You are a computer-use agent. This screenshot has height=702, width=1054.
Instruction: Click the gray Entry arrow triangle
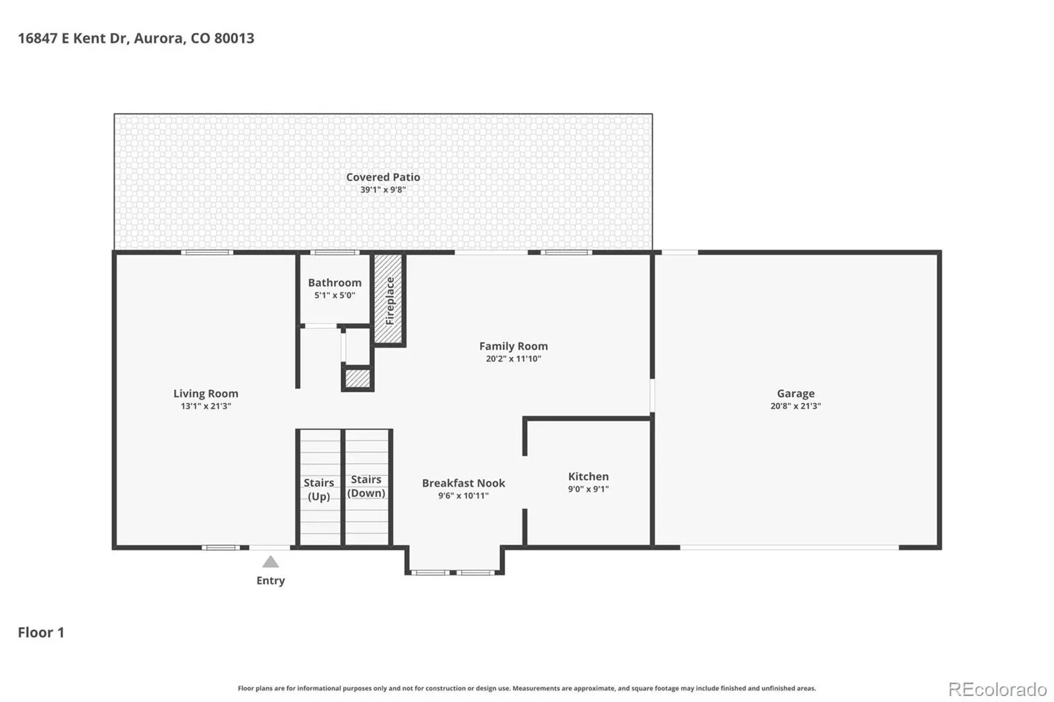pos(270,562)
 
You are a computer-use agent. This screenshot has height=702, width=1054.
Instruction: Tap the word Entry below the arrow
pos(271,581)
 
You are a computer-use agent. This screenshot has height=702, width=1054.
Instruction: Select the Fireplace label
pos(389,301)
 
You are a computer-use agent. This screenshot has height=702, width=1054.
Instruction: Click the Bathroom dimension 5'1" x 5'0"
pos(335,296)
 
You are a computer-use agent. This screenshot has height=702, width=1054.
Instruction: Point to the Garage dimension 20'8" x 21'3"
pos(796,406)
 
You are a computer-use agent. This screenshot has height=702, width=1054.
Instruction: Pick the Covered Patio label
pos(383,177)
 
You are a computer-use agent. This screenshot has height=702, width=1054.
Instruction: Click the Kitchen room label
pos(588,476)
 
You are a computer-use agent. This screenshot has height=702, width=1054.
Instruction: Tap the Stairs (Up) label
pos(319,489)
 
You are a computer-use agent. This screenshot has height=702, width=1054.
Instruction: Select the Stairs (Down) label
pos(366,486)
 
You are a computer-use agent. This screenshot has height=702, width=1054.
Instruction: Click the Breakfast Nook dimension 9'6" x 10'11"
pos(464,495)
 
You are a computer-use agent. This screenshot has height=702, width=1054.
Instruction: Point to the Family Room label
pos(513,346)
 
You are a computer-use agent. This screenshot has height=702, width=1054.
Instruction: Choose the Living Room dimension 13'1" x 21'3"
pos(206,406)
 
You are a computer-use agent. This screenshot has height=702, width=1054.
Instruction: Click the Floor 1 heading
pos(41,632)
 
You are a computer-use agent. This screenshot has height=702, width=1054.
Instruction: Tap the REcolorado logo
pos(997,689)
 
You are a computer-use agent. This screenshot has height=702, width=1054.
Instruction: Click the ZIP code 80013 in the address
pos(235,38)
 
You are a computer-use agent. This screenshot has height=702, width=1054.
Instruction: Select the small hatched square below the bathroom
pos(358,379)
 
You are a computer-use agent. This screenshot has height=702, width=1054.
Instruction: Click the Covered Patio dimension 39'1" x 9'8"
pos(383,190)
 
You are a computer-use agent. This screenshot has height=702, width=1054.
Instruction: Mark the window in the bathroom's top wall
pos(335,253)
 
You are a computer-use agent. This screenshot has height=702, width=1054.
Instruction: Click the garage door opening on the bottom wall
pos(790,548)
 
